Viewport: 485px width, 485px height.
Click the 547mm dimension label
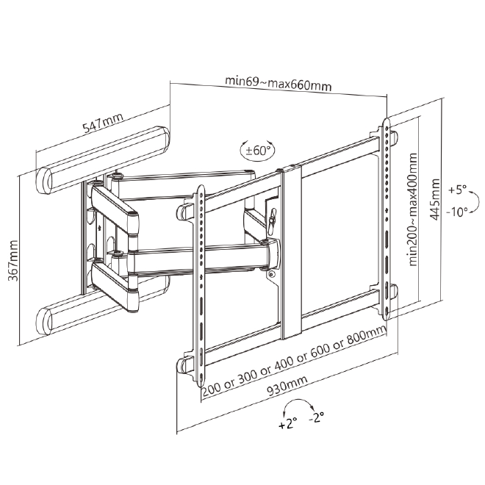(x=103, y=122)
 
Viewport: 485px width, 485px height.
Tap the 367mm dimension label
(x=13, y=260)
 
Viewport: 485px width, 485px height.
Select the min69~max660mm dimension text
(x=278, y=83)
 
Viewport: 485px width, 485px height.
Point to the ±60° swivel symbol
(x=257, y=151)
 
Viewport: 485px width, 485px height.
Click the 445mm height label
(x=434, y=199)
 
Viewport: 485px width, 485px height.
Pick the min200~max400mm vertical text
(x=413, y=209)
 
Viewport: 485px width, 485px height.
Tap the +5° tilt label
(x=457, y=189)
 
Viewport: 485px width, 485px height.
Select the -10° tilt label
(x=457, y=212)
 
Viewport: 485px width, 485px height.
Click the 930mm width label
(x=287, y=385)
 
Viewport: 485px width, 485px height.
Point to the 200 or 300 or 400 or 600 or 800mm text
(x=294, y=362)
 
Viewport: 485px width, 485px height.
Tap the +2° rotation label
(x=287, y=423)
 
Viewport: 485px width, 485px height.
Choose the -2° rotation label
(x=317, y=417)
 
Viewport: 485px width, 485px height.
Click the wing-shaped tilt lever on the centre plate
(x=273, y=220)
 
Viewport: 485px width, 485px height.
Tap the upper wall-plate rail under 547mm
(x=103, y=160)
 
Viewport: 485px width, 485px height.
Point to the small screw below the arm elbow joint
(x=271, y=274)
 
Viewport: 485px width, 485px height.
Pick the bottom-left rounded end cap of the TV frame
(x=184, y=366)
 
